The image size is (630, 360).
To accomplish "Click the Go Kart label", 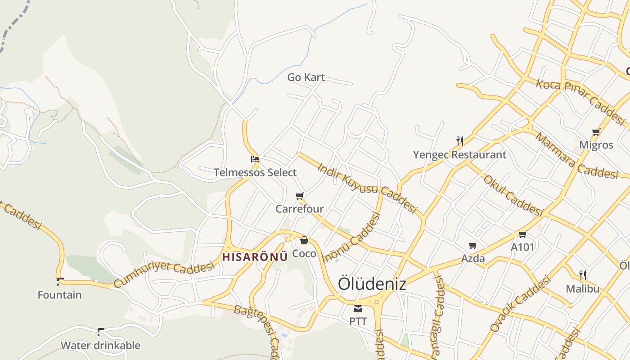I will pyautogui.click(x=306, y=77).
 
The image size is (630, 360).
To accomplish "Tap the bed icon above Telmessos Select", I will pyautogui.click(x=255, y=159).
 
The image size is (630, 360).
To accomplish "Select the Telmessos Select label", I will pyautogui.click(x=255, y=172).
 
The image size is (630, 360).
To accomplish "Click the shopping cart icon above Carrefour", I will pyautogui.click(x=300, y=196).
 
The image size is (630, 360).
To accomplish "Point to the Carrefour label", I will pyautogui.click(x=300, y=209).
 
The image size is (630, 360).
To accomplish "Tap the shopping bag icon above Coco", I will pyautogui.click(x=304, y=240).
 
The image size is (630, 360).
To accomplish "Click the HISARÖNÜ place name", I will pyautogui.click(x=255, y=257).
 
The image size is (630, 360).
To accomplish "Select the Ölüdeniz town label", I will pyautogui.click(x=372, y=284).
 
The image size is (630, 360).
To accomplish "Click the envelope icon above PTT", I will pyautogui.click(x=358, y=309).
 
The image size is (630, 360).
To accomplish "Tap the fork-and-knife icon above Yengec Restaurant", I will pyautogui.click(x=459, y=141).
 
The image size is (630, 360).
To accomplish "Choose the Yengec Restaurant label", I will pyautogui.click(x=459, y=155).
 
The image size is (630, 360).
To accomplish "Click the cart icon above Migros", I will pyautogui.click(x=596, y=132).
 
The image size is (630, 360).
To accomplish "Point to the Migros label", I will pyautogui.click(x=596, y=145).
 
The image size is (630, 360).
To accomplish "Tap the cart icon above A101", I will pyautogui.click(x=522, y=234).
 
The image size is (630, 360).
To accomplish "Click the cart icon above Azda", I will pyautogui.click(x=472, y=246).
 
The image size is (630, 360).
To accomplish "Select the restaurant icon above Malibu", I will pyautogui.click(x=582, y=275).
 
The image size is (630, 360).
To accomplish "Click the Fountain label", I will pyautogui.click(x=59, y=295).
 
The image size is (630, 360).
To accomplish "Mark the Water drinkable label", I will pyautogui.click(x=100, y=346).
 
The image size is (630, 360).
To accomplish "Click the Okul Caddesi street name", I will pyautogui.click(x=513, y=195).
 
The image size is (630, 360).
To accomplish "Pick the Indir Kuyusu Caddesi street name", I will pyautogui.click(x=367, y=188).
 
